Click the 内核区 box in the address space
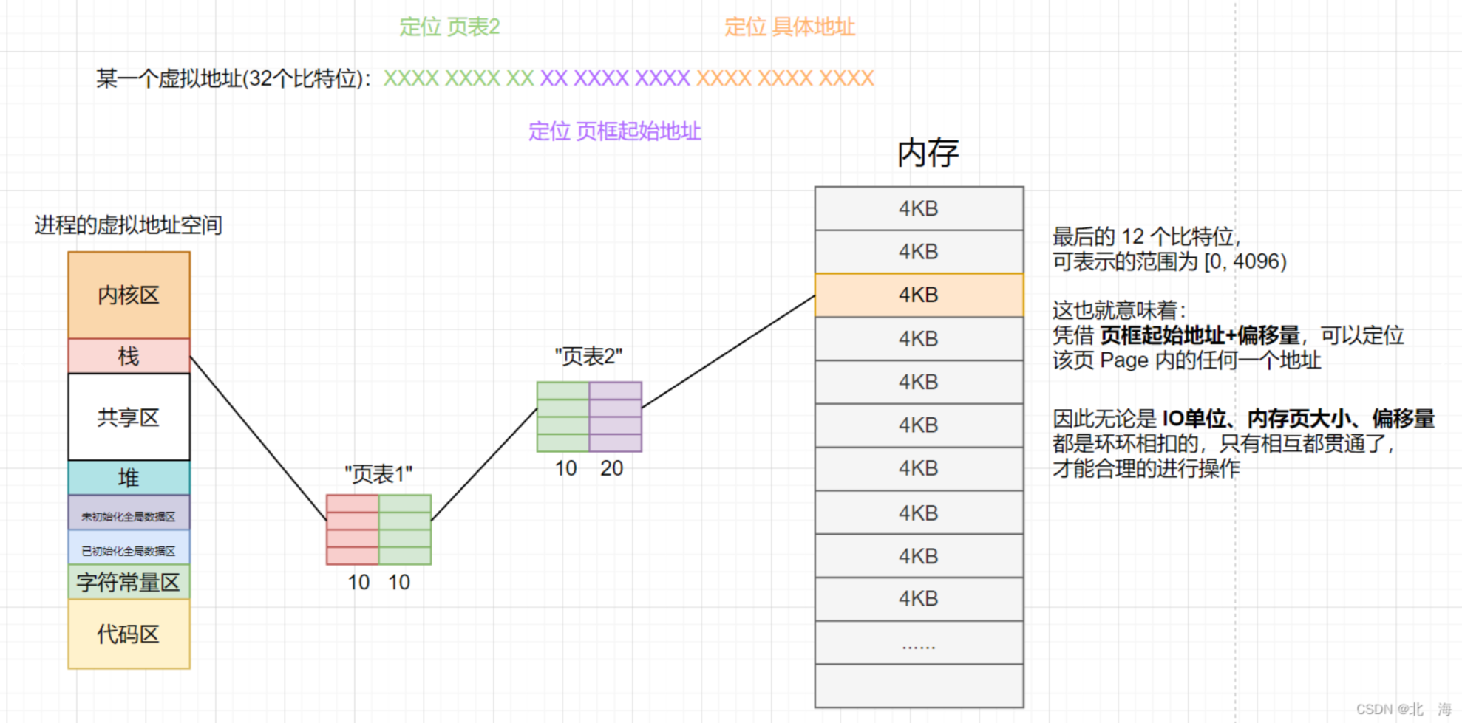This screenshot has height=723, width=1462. [129, 295]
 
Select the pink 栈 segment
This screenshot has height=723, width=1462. [129, 356]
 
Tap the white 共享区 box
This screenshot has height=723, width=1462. [129, 417]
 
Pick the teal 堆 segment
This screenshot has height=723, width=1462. [129, 478]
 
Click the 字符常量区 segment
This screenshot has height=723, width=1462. [129, 582]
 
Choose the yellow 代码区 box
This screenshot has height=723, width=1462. [129, 634]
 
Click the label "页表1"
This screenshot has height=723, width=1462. [378, 474]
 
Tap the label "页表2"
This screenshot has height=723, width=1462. [588, 357]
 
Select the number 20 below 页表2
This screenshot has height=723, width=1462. [611, 468]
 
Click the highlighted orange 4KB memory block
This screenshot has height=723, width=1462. [919, 295]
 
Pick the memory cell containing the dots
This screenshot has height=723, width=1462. [919, 643]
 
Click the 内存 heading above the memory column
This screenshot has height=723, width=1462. [928, 153]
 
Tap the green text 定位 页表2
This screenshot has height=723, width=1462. [449, 27]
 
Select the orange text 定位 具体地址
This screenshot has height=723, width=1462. [789, 27]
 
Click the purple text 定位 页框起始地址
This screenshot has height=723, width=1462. [614, 131]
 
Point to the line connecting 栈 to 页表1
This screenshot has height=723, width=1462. [259, 439]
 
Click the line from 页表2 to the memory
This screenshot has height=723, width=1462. [728, 352]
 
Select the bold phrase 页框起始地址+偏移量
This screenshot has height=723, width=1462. [1199, 335]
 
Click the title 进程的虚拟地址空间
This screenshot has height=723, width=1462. [129, 225]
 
